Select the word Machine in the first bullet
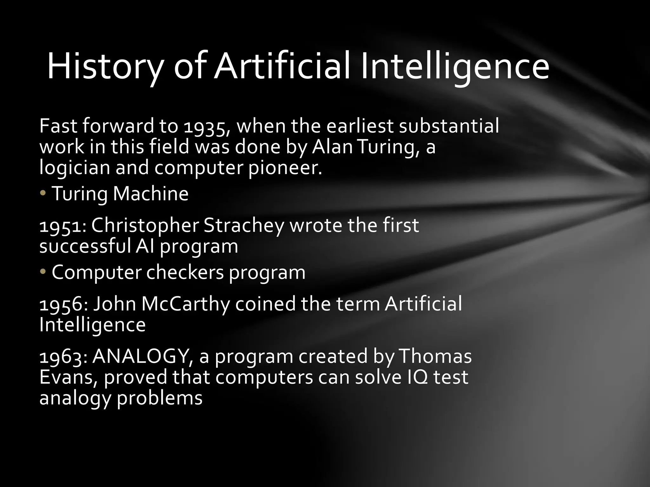(151, 193)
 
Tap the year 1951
(62, 226)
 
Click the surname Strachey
(244, 226)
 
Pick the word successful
(85, 246)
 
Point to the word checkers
(185, 272)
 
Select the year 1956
(63, 304)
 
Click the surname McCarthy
(186, 304)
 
